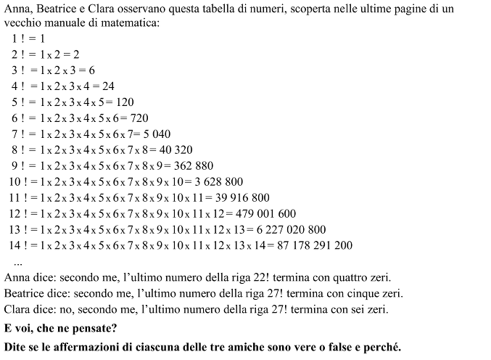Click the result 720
[x=139, y=118]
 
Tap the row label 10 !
[x=19, y=181]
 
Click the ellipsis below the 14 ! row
[x=18, y=261]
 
